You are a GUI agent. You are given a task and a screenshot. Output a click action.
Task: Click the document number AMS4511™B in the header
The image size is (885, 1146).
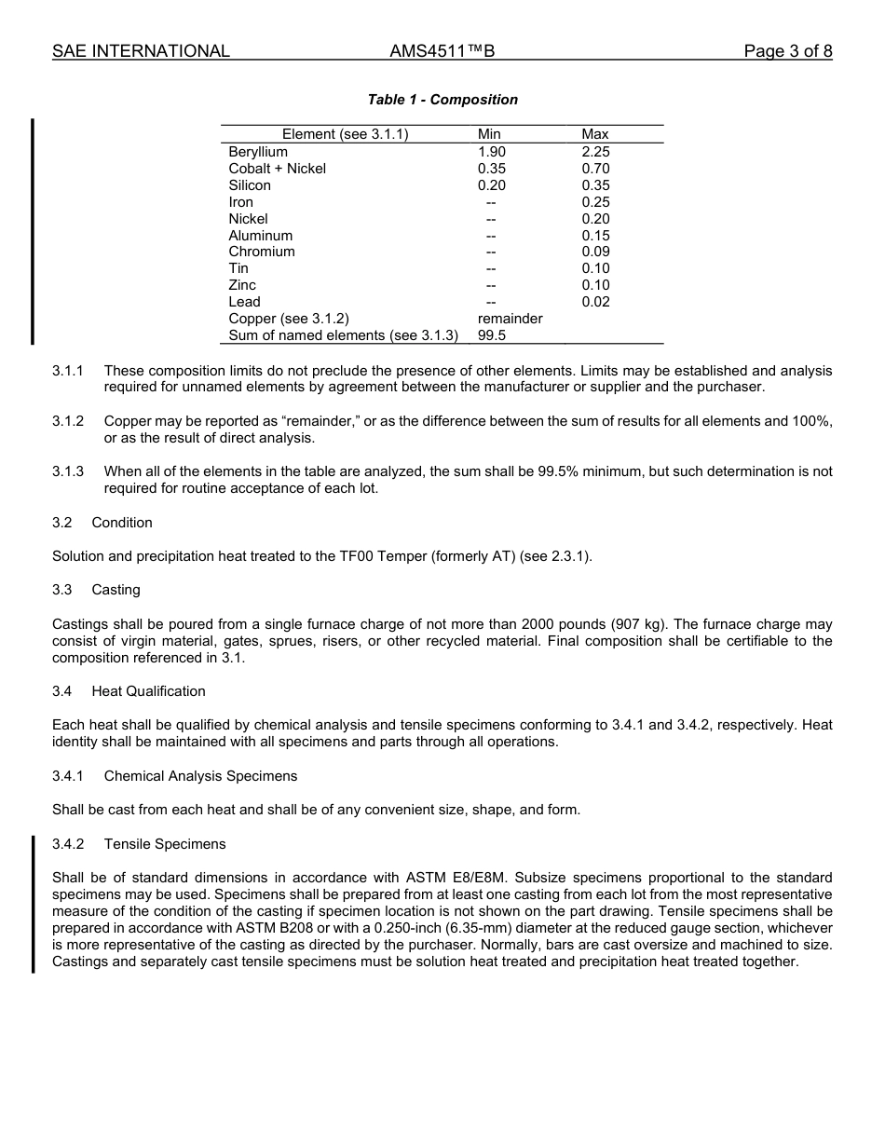click(x=442, y=51)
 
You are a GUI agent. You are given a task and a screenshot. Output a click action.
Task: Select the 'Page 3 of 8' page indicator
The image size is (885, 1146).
click(x=787, y=51)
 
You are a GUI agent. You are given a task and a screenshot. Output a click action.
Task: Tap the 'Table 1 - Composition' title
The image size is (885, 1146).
click(x=442, y=100)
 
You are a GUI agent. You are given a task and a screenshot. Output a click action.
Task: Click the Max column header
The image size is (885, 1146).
click(x=594, y=134)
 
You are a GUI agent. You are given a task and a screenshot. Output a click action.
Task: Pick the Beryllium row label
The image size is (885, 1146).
click(x=258, y=152)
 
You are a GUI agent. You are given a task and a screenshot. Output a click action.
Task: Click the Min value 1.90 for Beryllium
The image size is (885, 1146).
click(x=491, y=152)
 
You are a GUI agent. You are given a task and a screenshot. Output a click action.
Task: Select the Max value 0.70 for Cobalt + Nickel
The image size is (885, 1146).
click(x=595, y=169)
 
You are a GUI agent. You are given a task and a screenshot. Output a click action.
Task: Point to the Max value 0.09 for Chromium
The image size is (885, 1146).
click(x=595, y=252)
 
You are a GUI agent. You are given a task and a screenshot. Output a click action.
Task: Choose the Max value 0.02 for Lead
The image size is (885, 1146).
click(x=595, y=302)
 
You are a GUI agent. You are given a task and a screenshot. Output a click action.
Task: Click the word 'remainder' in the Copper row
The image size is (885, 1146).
click(x=510, y=319)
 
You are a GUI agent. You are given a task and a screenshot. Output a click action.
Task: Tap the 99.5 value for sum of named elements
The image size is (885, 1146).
click(x=491, y=335)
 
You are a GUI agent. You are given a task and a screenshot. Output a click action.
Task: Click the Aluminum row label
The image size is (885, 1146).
click(x=260, y=236)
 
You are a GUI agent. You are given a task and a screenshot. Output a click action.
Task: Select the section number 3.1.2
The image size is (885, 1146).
click(x=68, y=421)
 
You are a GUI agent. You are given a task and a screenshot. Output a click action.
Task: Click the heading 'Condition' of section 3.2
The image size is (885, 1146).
click(x=122, y=523)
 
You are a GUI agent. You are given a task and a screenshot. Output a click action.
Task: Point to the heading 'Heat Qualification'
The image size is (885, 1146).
click(x=148, y=691)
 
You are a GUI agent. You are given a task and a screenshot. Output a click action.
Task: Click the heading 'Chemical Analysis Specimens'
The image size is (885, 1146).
click(x=200, y=776)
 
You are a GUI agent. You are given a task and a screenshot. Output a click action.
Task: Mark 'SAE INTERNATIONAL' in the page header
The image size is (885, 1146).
click(x=141, y=51)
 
